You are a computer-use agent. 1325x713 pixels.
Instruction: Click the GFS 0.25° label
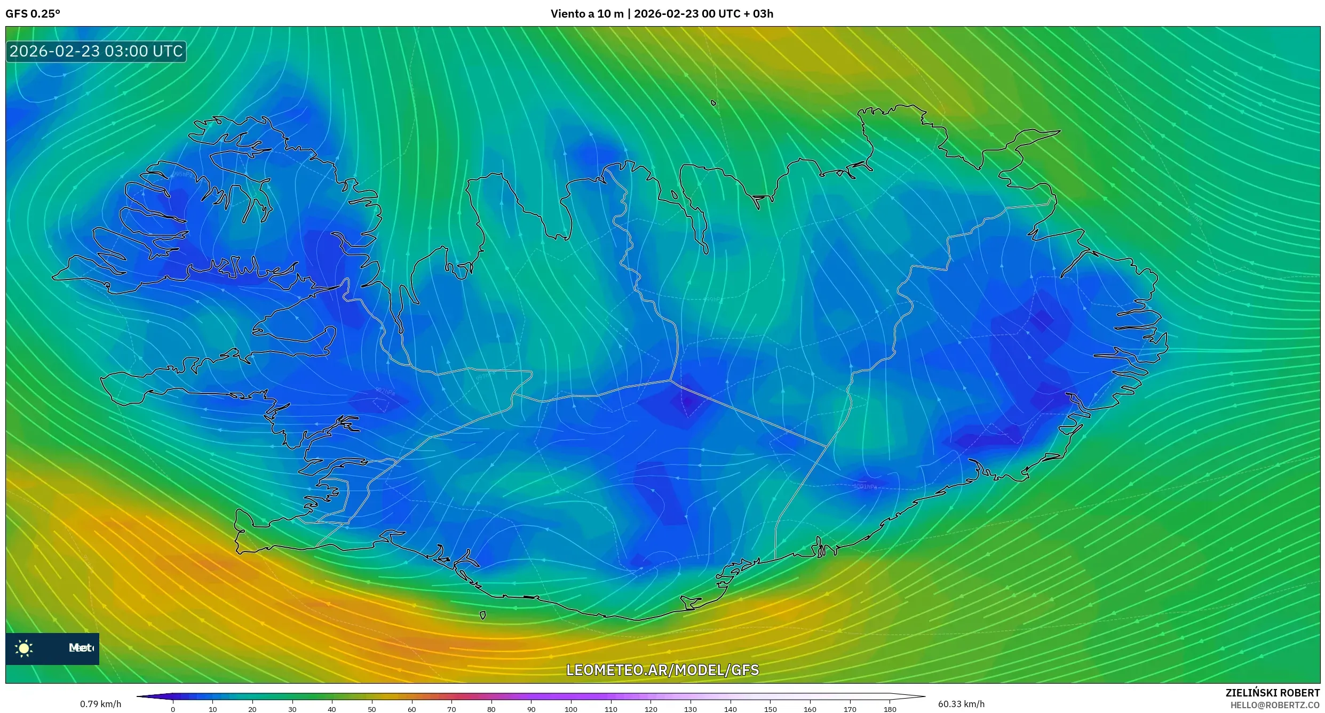click(33, 14)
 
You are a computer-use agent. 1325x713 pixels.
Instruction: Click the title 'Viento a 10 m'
click(586, 14)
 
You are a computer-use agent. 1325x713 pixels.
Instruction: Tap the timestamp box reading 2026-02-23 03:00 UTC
click(96, 52)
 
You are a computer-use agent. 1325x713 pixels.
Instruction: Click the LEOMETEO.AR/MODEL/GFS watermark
click(662, 670)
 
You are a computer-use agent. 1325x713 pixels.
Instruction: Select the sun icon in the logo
click(24, 648)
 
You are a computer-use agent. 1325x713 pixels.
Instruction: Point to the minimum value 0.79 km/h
click(100, 704)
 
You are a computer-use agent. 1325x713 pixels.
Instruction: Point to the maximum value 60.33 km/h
click(961, 704)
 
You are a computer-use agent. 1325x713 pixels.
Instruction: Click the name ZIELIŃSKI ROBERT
click(1272, 693)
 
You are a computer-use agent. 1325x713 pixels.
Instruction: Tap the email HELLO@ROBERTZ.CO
click(1275, 705)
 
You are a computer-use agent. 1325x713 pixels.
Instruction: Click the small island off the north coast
click(713, 103)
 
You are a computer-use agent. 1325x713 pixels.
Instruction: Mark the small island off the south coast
click(483, 615)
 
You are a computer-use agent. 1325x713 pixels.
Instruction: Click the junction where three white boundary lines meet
click(671, 381)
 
